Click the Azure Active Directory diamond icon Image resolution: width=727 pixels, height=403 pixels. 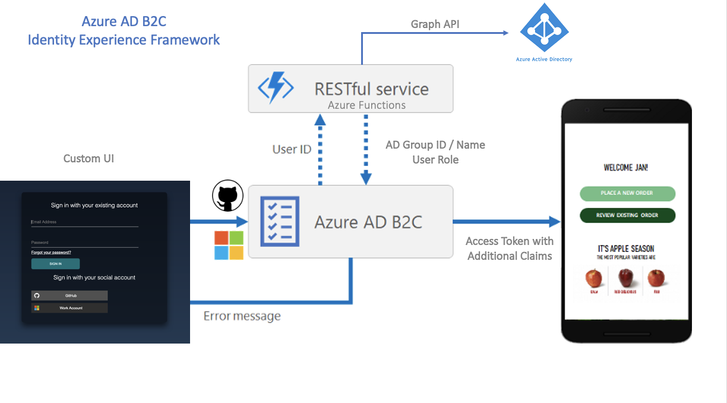coord(543,28)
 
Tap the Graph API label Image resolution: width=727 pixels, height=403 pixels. coord(435,24)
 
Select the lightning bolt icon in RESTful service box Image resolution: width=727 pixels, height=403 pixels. coord(275,89)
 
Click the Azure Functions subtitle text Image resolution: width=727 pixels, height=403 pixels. coord(366,105)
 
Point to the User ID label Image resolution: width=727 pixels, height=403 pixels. coord(292,149)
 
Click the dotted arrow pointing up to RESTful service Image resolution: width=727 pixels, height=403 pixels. coord(320,149)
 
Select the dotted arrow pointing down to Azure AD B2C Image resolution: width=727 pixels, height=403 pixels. coord(365,149)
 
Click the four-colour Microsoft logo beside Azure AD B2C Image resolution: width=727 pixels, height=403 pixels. coord(229,245)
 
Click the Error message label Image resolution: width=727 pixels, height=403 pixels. coord(242,316)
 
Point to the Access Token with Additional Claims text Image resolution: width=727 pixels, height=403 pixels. coord(510,248)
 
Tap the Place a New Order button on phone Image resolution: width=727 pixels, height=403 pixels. coord(627,193)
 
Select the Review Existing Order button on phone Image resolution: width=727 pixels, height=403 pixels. coord(627,215)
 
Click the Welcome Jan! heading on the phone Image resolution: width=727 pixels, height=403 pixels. coord(625,168)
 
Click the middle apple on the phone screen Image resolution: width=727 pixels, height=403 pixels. coord(625,278)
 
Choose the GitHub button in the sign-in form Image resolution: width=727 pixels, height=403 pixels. coord(69,295)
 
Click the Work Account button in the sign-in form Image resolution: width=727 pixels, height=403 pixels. coord(69,308)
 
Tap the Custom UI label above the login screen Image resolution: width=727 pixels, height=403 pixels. coord(88,159)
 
